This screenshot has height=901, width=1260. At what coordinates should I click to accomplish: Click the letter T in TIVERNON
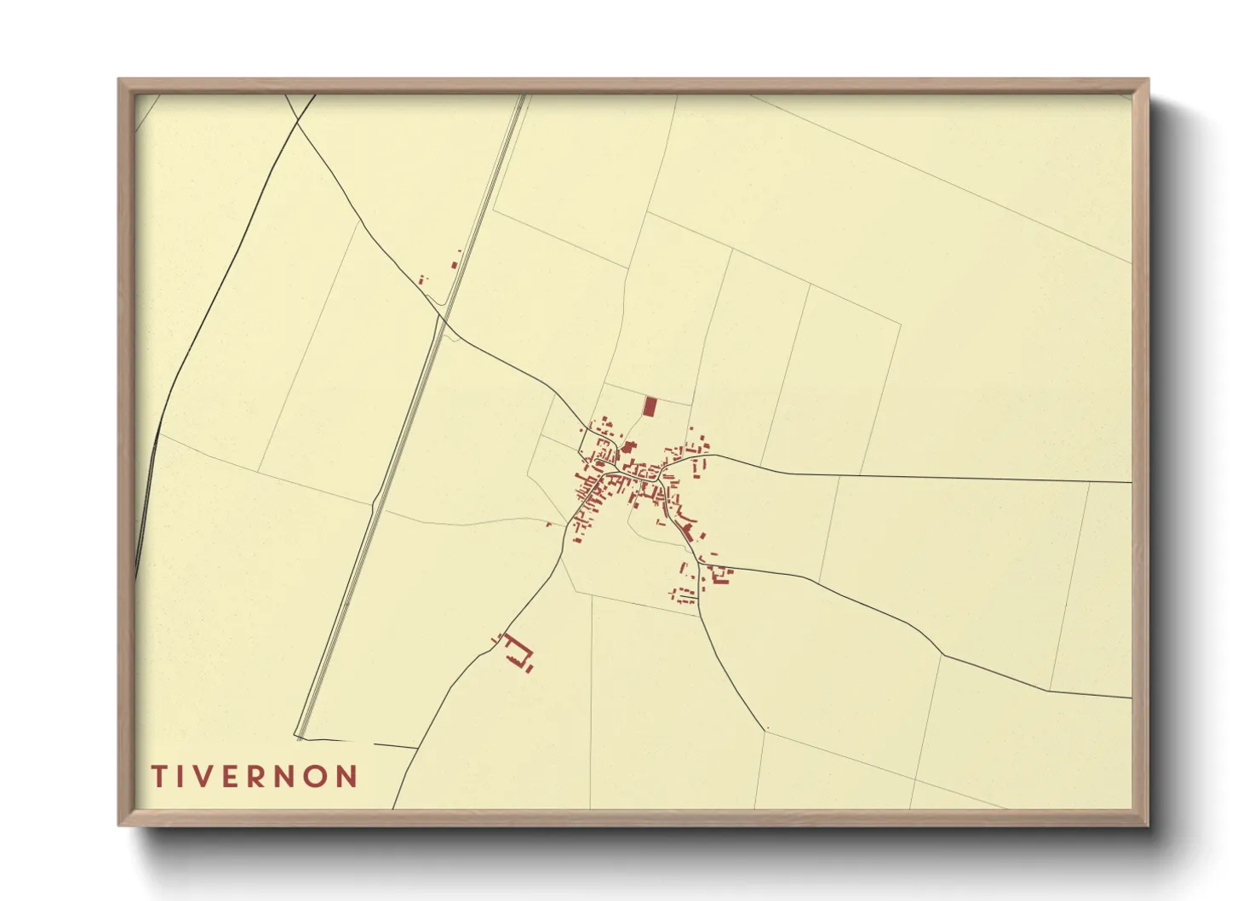point(159,776)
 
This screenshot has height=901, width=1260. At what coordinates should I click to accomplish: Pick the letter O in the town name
point(316,776)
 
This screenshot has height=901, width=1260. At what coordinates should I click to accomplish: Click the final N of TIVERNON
point(346,776)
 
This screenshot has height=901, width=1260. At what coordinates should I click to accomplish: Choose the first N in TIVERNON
point(287,776)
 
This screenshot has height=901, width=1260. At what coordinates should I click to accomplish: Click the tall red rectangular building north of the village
point(650,406)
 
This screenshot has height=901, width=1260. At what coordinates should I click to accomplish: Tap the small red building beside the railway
point(455,264)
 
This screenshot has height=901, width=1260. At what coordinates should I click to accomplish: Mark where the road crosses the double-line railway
point(442,319)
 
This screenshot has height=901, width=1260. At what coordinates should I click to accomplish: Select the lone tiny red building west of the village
point(549,524)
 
